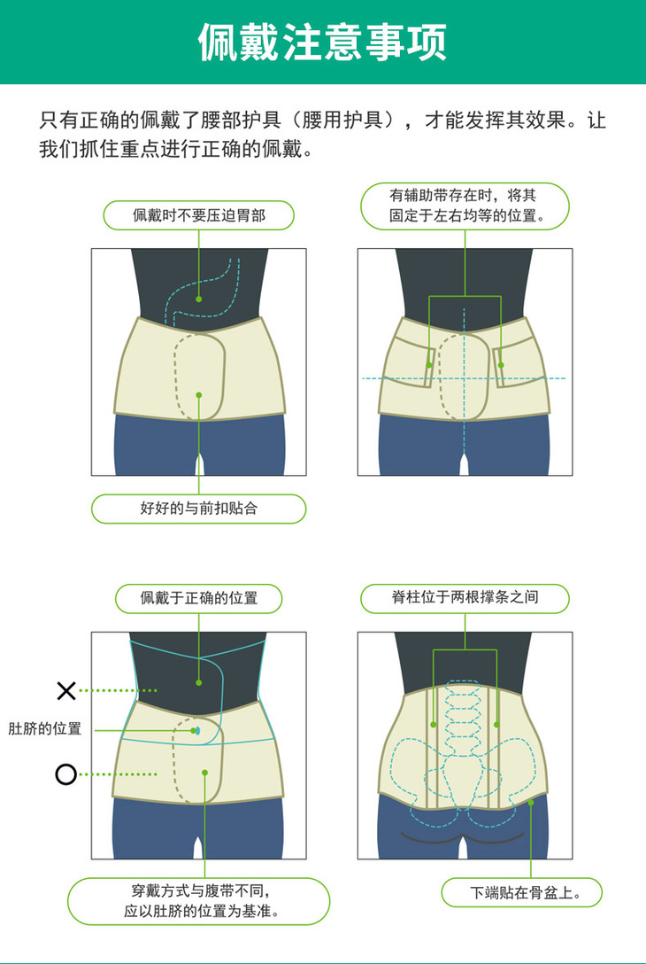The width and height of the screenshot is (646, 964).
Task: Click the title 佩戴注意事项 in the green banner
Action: (x=322, y=42)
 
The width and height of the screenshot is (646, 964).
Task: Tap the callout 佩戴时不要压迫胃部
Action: (x=199, y=215)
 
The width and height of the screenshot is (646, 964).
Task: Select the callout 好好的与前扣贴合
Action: (x=199, y=509)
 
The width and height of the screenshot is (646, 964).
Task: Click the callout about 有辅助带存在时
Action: (x=465, y=206)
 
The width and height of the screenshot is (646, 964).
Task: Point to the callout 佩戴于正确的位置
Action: (x=199, y=598)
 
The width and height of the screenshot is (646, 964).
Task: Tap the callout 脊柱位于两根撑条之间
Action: (x=465, y=598)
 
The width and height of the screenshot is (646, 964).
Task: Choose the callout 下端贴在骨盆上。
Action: (x=521, y=892)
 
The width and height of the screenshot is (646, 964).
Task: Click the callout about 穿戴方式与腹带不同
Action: (x=199, y=901)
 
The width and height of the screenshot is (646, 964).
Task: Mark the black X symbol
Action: (x=66, y=690)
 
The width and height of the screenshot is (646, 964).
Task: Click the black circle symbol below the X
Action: (x=66, y=774)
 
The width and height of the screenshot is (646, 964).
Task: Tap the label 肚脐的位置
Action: (x=45, y=729)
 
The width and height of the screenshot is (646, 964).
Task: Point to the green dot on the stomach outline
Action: (x=199, y=299)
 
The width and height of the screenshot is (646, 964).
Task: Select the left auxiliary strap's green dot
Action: (x=429, y=365)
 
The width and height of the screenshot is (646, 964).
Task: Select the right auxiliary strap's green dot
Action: (x=501, y=365)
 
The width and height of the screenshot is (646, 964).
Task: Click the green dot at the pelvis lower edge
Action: (x=531, y=802)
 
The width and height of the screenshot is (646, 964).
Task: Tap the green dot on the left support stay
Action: (x=434, y=725)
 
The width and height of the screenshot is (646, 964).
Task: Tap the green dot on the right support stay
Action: (x=496, y=725)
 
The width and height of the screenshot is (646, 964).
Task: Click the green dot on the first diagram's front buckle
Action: (x=199, y=394)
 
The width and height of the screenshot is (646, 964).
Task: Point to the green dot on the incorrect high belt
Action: (x=199, y=682)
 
